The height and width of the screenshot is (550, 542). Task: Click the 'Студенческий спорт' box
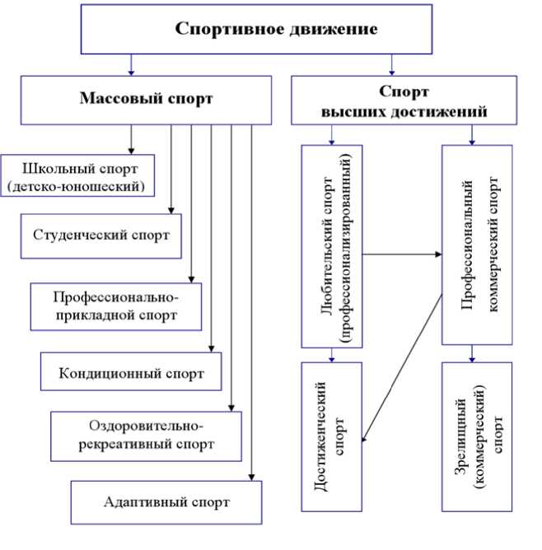[101, 235]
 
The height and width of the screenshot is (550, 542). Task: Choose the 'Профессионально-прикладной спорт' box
[115, 304]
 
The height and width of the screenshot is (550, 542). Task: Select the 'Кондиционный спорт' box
[131, 372]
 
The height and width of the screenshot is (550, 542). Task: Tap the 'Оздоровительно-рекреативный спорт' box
[145, 435]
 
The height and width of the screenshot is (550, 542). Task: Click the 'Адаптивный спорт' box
[166, 501]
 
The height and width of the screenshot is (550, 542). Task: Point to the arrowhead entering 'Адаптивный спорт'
[251, 475]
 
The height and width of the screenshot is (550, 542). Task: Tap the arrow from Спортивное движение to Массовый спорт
[131, 64]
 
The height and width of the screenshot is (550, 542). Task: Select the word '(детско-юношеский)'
[77, 188]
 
